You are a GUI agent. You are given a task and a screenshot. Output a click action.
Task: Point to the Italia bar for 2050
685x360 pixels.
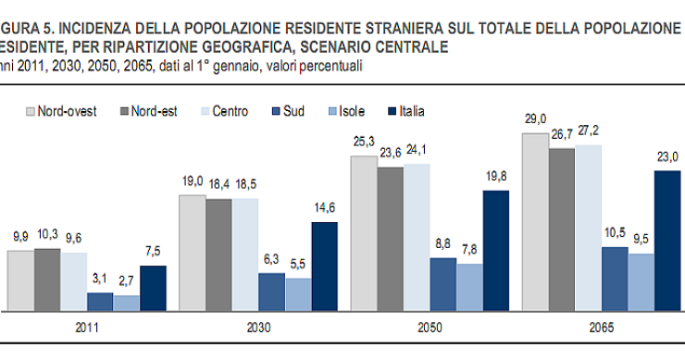coord(496,250)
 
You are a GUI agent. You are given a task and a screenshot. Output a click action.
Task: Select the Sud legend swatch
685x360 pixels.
coord(275,111)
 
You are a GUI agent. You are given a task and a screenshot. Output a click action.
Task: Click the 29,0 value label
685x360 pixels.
coord(534,119)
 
